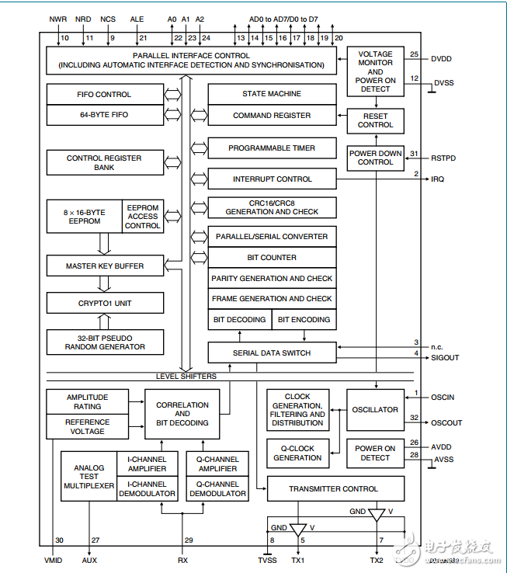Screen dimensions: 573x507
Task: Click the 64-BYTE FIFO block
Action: click(104, 115)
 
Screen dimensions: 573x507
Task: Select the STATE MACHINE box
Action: click(272, 94)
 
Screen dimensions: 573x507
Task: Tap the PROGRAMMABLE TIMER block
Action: click(272, 148)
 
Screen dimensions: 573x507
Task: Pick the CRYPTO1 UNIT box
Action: click(104, 303)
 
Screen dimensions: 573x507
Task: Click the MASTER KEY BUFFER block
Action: click(104, 266)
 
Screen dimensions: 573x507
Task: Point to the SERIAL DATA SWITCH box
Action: click(272, 352)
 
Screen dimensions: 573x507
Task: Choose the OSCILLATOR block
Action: click(375, 409)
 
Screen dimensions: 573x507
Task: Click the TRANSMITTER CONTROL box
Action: click(335, 489)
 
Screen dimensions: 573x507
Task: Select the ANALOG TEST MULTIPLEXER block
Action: click(89, 476)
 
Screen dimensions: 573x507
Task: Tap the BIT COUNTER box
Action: click(272, 257)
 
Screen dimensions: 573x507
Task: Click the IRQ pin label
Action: click(438, 179)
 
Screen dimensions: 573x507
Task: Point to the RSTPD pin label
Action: click(444, 158)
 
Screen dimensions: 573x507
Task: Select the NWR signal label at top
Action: click(57, 19)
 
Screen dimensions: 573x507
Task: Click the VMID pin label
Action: click(54, 560)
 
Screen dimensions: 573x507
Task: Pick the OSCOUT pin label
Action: click(446, 422)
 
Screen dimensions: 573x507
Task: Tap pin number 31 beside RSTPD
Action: click(414, 153)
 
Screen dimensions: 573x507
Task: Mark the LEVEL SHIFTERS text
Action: click(186, 377)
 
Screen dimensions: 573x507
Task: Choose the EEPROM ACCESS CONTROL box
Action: click(143, 217)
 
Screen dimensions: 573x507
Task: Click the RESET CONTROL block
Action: click(375, 120)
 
